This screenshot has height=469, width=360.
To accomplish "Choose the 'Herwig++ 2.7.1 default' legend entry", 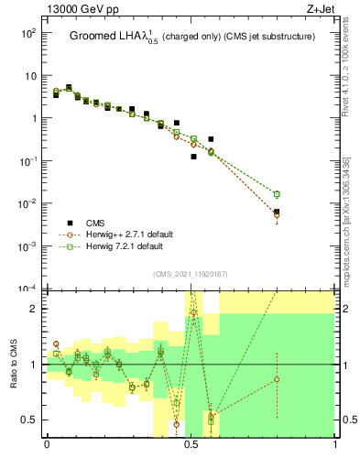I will pyautogui.click(x=124, y=234).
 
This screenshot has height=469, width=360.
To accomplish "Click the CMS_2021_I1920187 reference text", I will pyautogui.click(x=189, y=274).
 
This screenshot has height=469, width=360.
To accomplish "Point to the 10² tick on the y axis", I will pyautogui.click(x=29, y=33).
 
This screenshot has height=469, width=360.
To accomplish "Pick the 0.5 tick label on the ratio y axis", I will pyautogui.click(x=31, y=420).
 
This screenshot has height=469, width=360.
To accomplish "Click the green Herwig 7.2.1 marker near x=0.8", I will pyautogui.click(x=277, y=194).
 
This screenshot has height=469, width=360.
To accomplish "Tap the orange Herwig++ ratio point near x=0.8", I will pyautogui.click(x=277, y=379).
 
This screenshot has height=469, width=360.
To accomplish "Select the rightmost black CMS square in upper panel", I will pyautogui.click(x=277, y=212).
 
